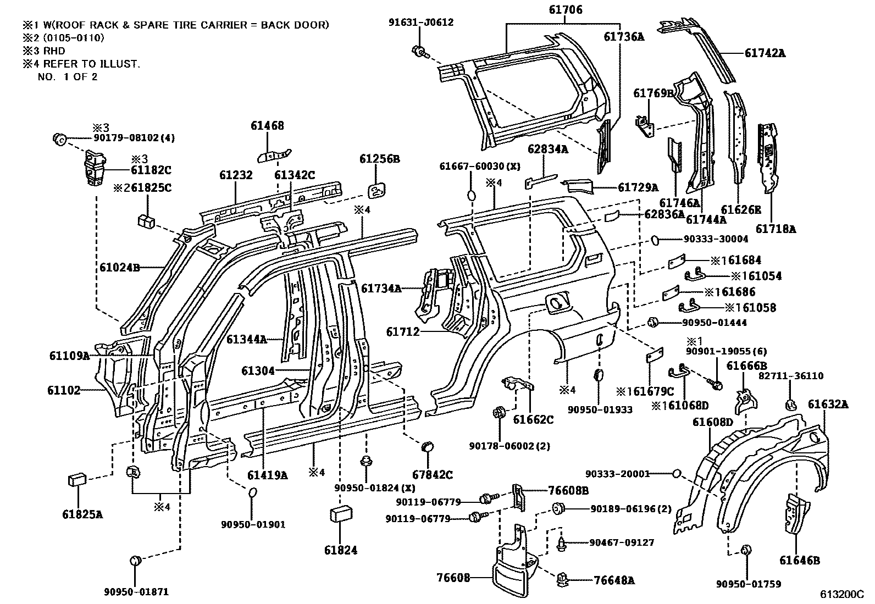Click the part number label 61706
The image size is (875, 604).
(565, 10)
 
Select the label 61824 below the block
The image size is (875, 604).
(340, 550)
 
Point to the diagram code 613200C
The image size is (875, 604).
(842, 595)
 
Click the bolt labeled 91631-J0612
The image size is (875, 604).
(419, 52)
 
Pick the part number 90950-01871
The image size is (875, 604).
(136, 592)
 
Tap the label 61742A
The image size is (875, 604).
(765, 53)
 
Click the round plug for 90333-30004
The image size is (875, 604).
(655, 240)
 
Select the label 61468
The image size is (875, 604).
(268, 126)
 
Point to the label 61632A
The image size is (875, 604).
(828, 404)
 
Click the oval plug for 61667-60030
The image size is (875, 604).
(471, 195)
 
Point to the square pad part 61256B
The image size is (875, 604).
(376, 191)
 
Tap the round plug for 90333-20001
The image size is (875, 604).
(677, 473)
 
